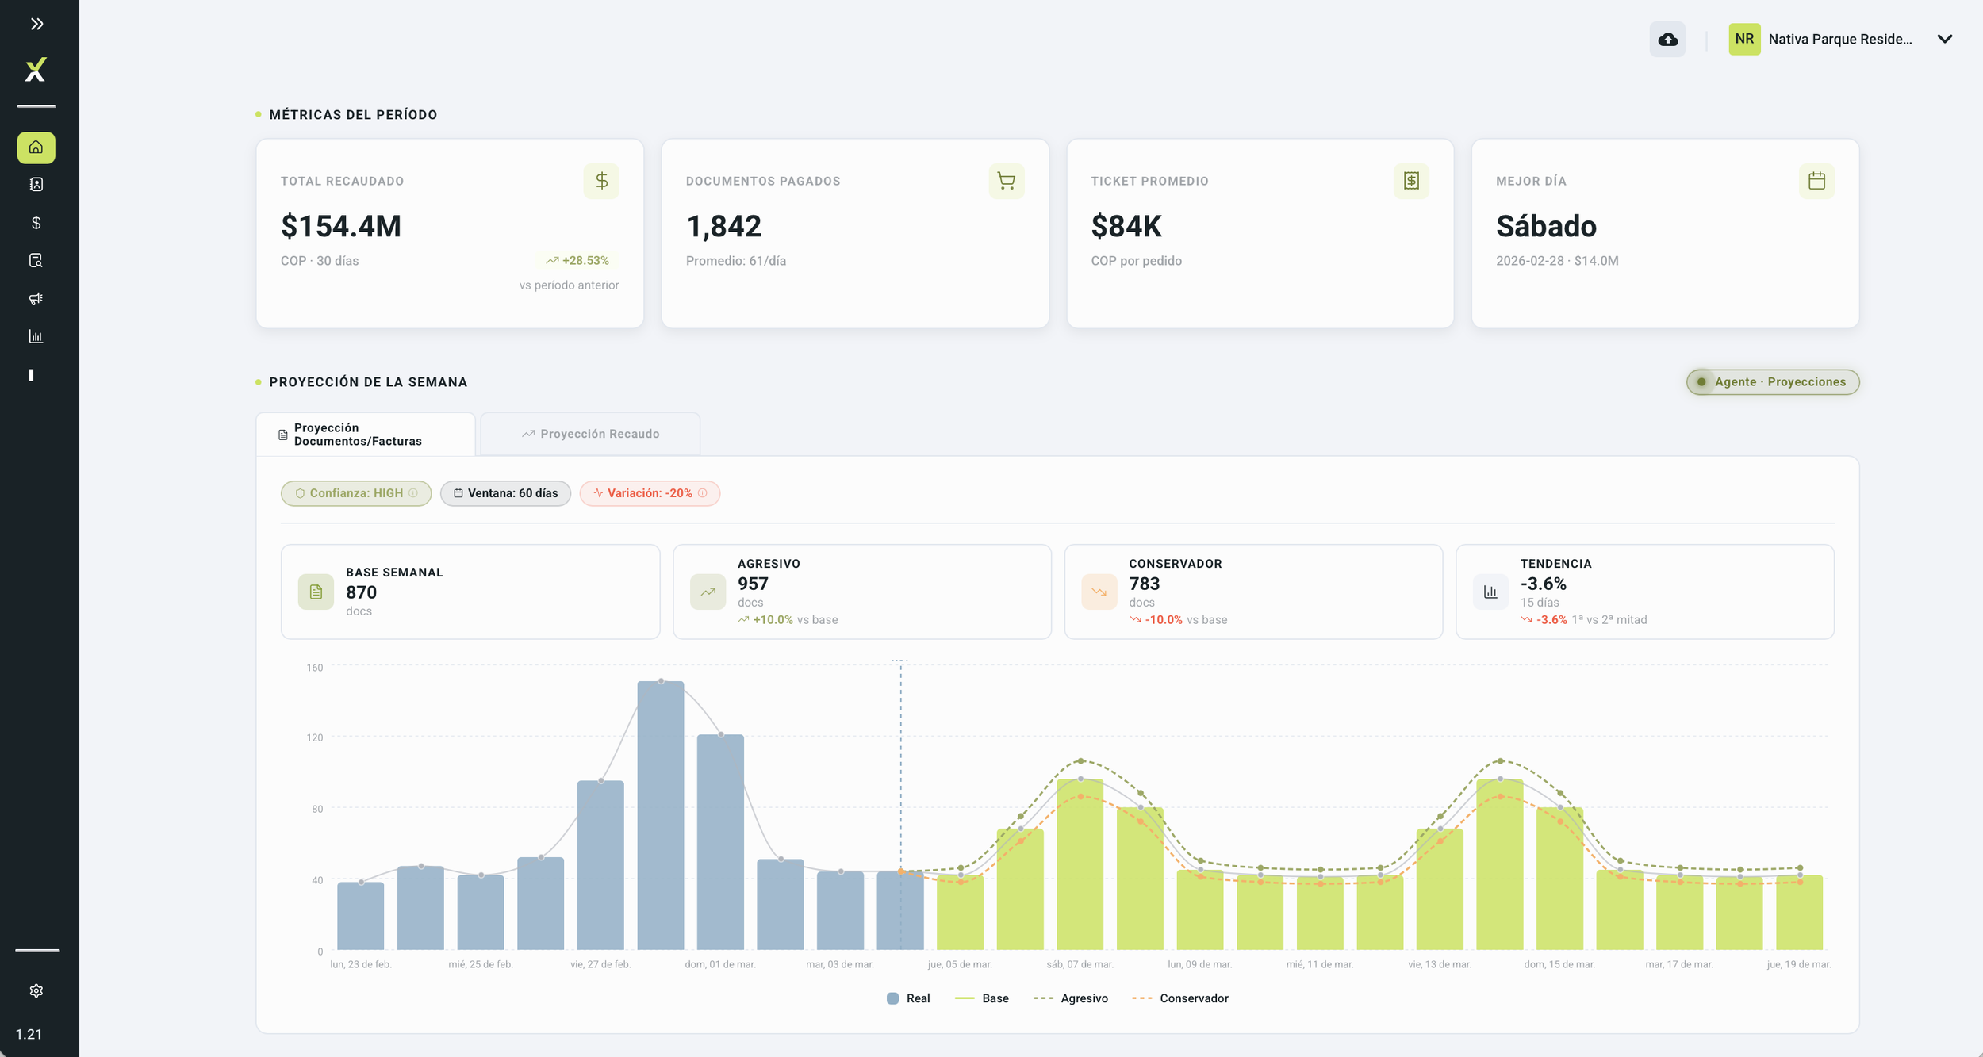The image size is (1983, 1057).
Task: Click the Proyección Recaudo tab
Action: [x=590, y=434]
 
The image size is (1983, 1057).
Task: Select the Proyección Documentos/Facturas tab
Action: [x=366, y=435]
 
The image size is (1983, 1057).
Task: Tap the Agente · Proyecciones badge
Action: [x=1773, y=382]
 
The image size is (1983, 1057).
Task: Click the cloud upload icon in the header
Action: [x=1667, y=40]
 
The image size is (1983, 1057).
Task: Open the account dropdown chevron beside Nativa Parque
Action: [x=1944, y=39]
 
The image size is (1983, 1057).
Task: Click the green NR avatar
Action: [x=1744, y=39]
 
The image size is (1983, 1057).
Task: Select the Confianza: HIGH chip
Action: [x=356, y=493]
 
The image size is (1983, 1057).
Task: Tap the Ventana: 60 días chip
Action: [x=505, y=493]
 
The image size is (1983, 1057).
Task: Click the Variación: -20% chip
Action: [x=650, y=493]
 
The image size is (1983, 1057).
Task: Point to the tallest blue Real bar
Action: [x=661, y=815]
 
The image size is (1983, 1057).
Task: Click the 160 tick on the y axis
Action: [x=315, y=668]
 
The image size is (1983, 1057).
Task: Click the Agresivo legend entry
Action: [x=1071, y=998]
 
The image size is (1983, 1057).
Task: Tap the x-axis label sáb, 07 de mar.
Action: [x=1080, y=964]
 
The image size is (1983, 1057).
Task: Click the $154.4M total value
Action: [x=341, y=226]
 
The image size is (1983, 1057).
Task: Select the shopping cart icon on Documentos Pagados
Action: [x=1006, y=181]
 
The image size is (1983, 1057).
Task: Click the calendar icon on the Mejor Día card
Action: [x=1816, y=181]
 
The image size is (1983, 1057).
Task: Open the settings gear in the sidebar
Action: [x=36, y=991]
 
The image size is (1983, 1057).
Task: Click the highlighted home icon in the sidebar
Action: [x=36, y=147]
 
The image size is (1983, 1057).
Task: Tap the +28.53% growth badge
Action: [x=577, y=261]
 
